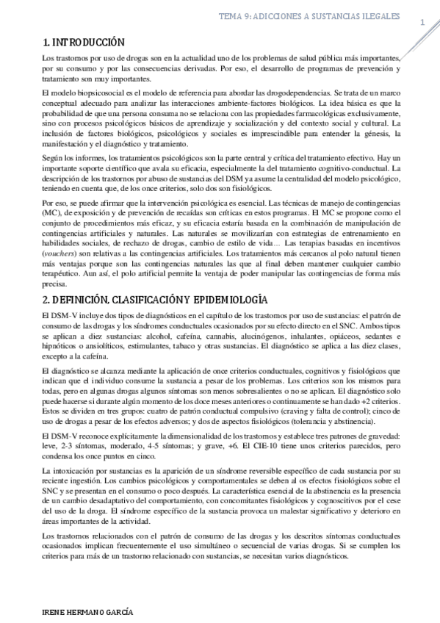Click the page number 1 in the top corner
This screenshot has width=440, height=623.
click(x=422, y=22)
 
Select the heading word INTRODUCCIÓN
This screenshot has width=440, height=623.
click(x=90, y=43)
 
